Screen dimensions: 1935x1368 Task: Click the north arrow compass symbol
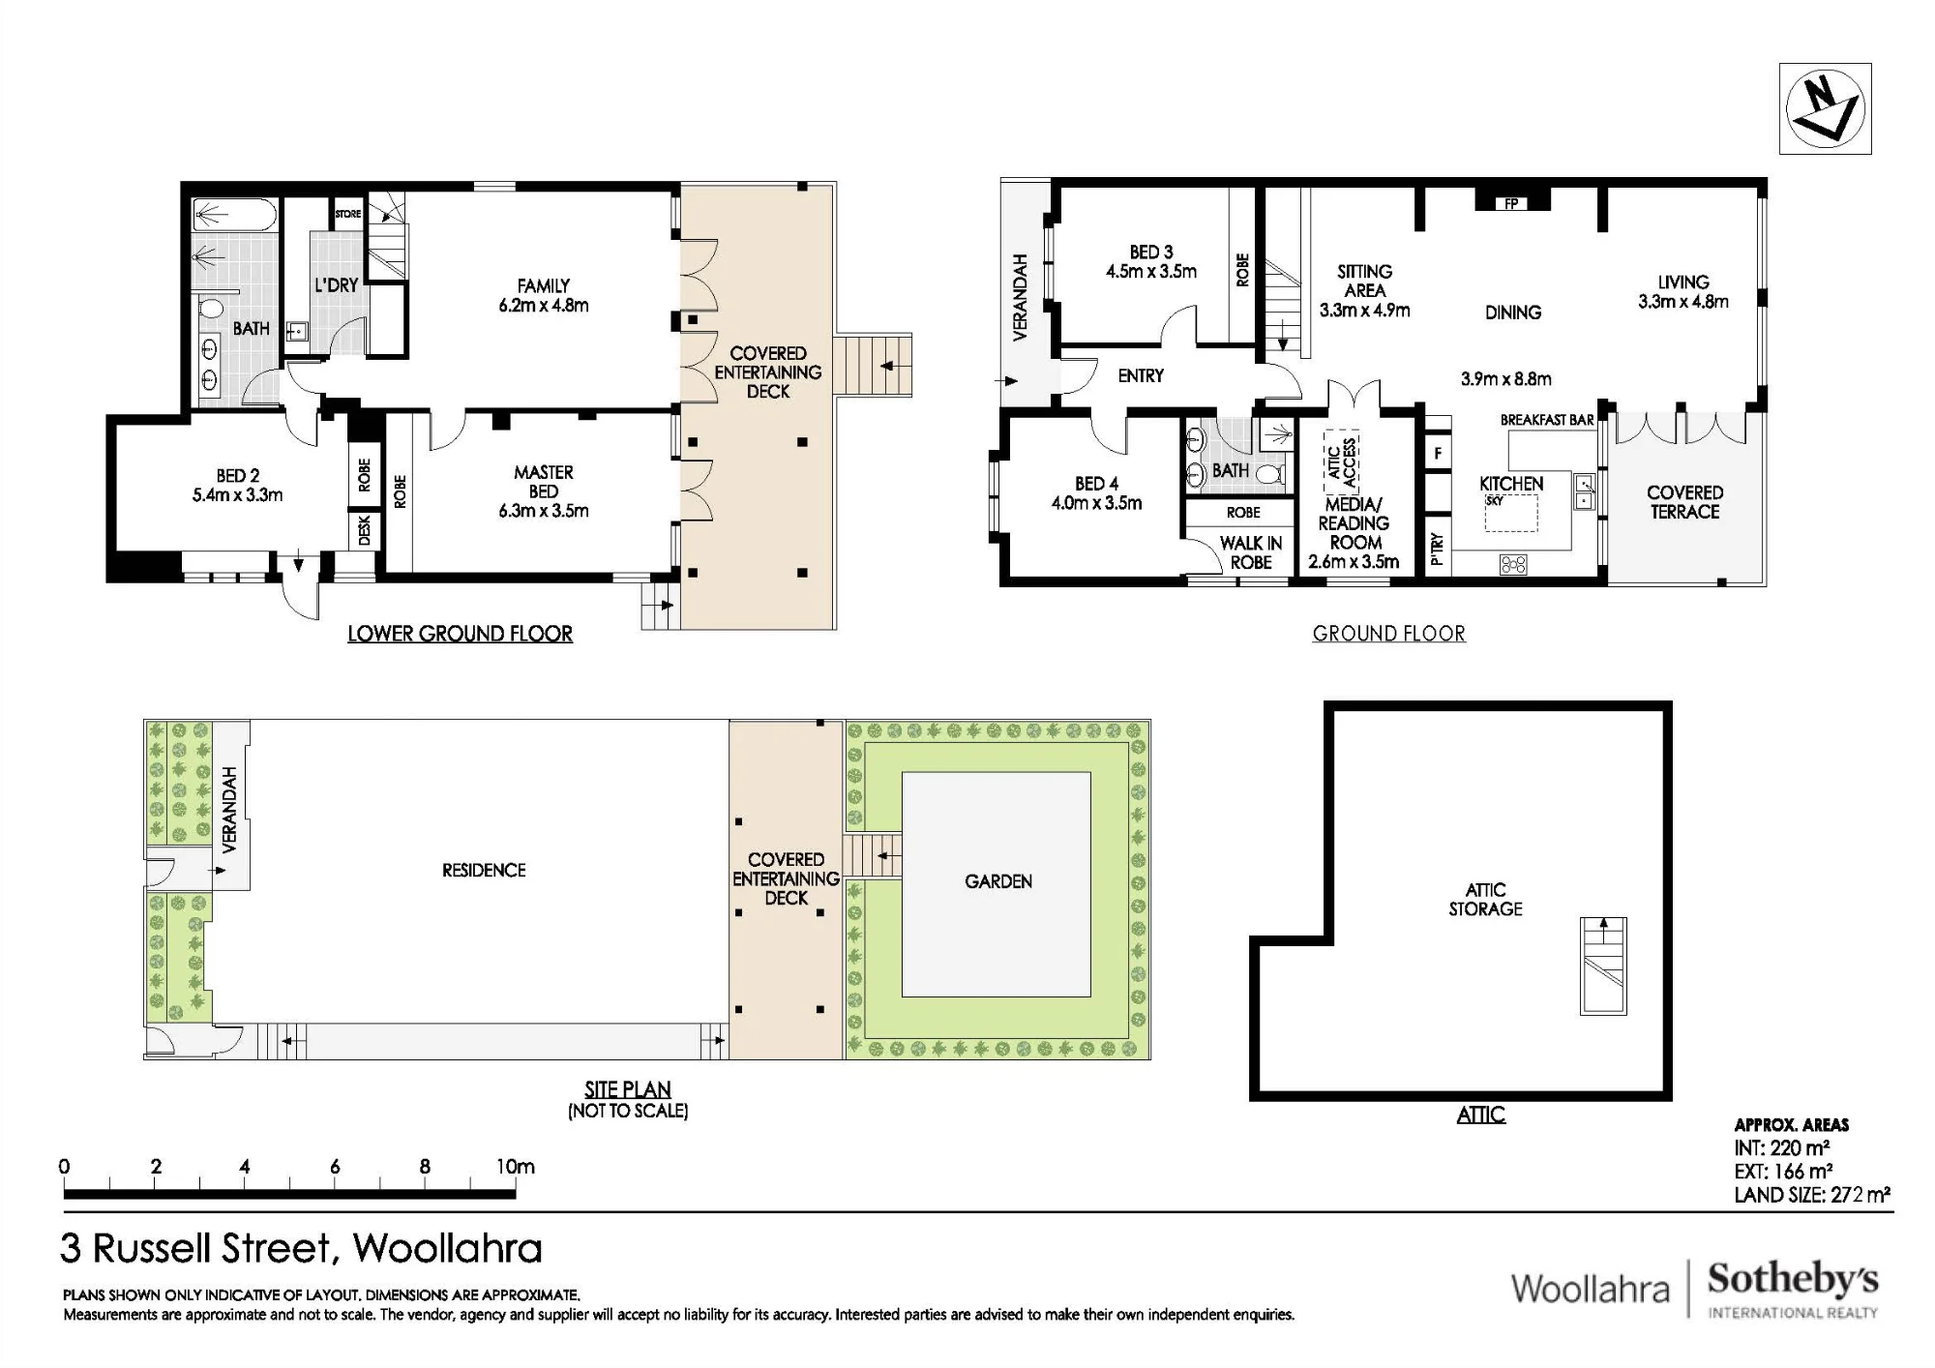(x=1825, y=108)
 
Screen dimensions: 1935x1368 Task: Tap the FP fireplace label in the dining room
(x=1510, y=204)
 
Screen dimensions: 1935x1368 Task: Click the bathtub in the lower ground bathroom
(x=235, y=214)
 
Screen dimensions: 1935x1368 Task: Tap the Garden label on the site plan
(x=998, y=881)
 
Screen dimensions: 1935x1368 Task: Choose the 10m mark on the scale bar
(x=516, y=1167)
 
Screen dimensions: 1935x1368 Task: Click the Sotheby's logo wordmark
(x=1793, y=1279)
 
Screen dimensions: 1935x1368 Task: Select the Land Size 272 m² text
(x=1812, y=1195)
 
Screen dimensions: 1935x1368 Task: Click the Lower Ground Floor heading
(x=460, y=634)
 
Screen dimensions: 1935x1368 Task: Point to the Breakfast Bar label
(x=1547, y=420)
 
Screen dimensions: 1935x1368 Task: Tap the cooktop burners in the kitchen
(x=1513, y=564)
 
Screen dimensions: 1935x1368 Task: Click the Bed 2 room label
(x=237, y=486)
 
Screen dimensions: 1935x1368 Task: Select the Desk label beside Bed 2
(x=365, y=530)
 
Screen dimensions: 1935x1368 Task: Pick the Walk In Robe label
(x=1251, y=552)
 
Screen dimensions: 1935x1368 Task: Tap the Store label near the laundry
(x=347, y=214)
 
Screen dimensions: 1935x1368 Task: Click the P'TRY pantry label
(x=1437, y=549)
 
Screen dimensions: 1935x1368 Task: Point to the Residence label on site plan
(x=484, y=871)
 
